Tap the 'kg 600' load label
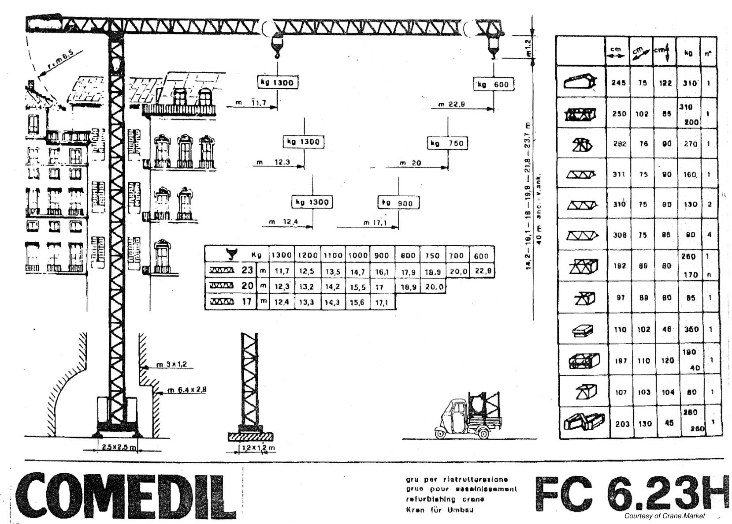[x=494, y=85]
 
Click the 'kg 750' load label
[x=447, y=143]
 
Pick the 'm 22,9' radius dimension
[x=451, y=105]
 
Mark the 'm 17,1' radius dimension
[x=375, y=223]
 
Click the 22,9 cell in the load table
[x=483, y=271]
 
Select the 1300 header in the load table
[x=281, y=255]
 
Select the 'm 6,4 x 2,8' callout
[x=187, y=390]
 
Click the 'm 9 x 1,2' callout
[x=172, y=364]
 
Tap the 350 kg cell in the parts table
[x=690, y=329]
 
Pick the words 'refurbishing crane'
[x=445, y=499]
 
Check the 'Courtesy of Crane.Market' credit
[x=664, y=516]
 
